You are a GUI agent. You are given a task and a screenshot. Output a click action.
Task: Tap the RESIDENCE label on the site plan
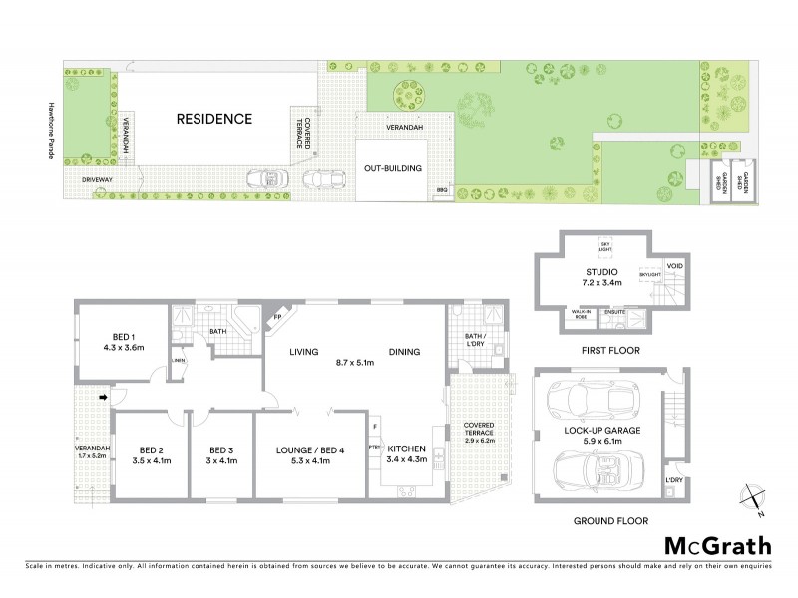pyautogui.click(x=214, y=119)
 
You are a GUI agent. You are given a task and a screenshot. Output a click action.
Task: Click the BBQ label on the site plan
pyautogui.click(x=442, y=189)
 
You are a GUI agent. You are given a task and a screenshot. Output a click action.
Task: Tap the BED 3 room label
pyautogui.click(x=219, y=449)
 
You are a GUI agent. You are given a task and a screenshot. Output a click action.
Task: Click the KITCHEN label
pyautogui.click(x=408, y=449)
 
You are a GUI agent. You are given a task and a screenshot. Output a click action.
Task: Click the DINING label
pyautogui.click(x=404, y=352)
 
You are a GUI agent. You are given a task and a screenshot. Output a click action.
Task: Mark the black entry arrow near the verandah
pyautogui.click(x=103, y=398)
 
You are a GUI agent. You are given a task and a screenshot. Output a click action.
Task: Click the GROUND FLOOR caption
pyautogui.click(x=610, y=521)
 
